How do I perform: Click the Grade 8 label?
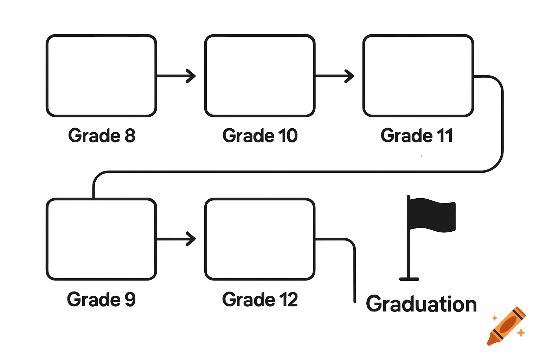coord(102,136)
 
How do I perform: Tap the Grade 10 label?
coord(260,136)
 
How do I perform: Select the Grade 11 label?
coord(417,136)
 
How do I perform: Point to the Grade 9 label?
coord(101,300)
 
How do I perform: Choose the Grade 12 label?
coord(260,300)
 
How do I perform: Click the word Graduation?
coord(421,304)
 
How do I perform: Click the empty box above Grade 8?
coord(101,76)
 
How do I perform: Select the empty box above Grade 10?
coord(260,76)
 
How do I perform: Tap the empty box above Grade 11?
coord(418,76)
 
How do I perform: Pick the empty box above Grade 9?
coord(101,239)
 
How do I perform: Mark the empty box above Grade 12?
coord(260,239)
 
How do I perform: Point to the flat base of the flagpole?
coord(409,279)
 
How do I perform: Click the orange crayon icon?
coord(506,326)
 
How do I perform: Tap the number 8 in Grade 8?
coord(130,136)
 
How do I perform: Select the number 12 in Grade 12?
coord(288,300)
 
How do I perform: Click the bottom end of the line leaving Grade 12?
coord(354,301)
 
